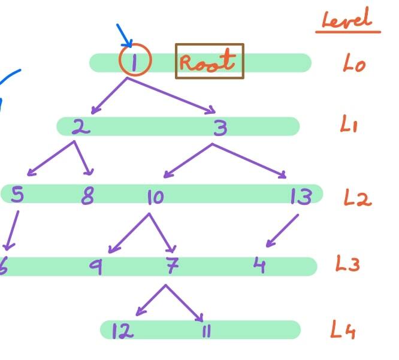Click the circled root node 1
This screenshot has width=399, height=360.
click(x=135, y=61)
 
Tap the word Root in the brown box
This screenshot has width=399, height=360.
click(x=209, y=62)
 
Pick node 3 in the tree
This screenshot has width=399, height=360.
click(x=220, y=126)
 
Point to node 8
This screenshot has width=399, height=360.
click(x=87, y=195)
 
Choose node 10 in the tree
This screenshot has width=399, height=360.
click(x=155, y=196)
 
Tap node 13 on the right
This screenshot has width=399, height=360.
click(x=300, y=196)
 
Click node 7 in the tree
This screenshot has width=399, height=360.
click(x=172, y=265)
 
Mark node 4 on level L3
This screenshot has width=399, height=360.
click(x=259, y=265)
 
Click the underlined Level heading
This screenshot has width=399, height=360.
click(x=346, y=20)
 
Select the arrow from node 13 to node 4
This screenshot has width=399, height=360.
click(x=283, y=230)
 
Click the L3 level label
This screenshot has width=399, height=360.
click(x=347, y=264)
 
